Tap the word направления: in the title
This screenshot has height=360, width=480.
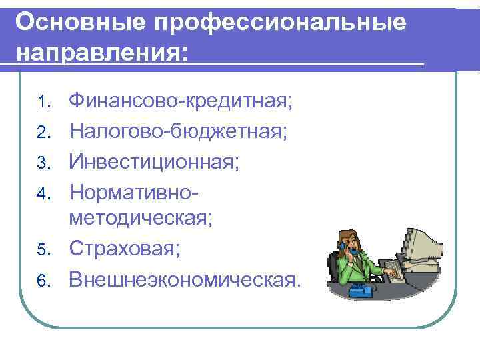[101, 53]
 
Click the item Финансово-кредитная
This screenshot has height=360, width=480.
[181, 101]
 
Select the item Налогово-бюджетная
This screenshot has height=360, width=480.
[178, 131]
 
